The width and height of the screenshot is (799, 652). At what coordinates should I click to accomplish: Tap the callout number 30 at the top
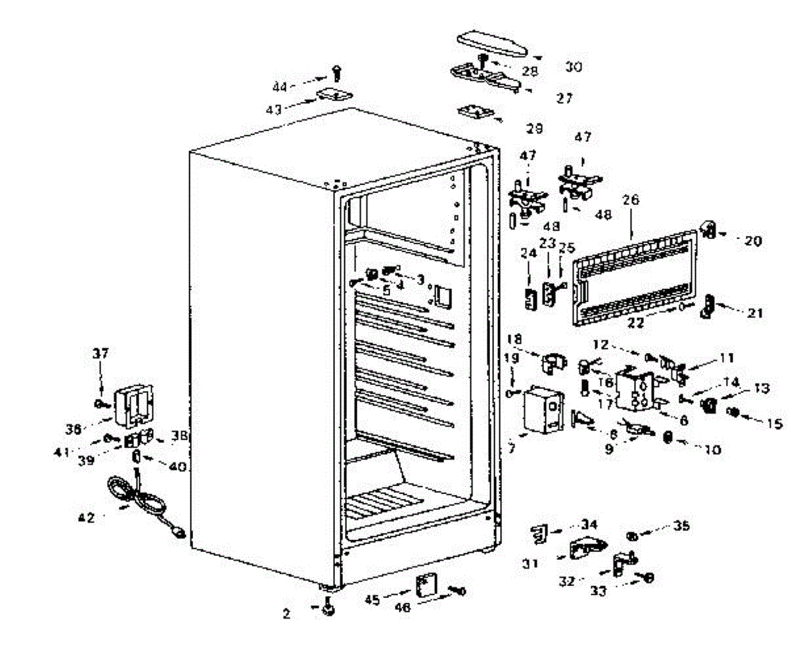point(573,67)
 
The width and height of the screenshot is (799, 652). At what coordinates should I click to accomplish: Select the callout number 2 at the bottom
point(286,615)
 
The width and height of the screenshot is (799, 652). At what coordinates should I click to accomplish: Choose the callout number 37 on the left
point(100,352)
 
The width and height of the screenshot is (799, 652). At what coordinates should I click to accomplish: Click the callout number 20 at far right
point(752,241)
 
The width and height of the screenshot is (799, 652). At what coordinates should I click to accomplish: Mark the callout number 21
point(754,314)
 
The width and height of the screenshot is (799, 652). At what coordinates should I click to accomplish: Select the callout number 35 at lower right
point(681,525)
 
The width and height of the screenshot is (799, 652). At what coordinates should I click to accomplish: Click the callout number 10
point(712,450)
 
